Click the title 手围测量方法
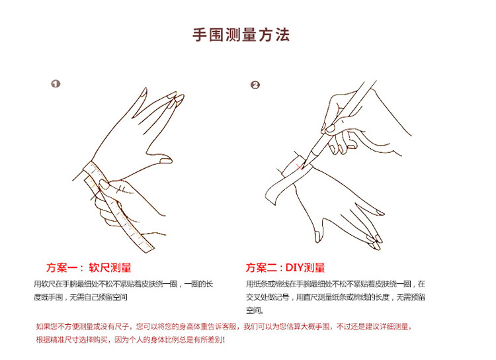pyautogui.click(x=241, y=34)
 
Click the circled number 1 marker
pyautogui.click(x=56, y=84)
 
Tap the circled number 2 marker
pyautogui.click(x=255, y=85)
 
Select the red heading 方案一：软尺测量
pyautogui.click(x=89, y=268)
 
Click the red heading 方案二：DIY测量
pyautogui.click(x=285, y=268)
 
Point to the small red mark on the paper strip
pyautogui.click(x=299, y=166)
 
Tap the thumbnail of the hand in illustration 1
pyautogui.click(x=166, y=161)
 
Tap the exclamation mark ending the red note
pyautogui.click(x=224, y=339)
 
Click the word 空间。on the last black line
pyautogui.click(x=255, y=310)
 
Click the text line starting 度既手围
pyautogui.click(x=81, y=297)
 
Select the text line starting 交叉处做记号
pyautogui.click(x=335, y=297)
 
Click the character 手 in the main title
pyautogui.click(x=200, y=35)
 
